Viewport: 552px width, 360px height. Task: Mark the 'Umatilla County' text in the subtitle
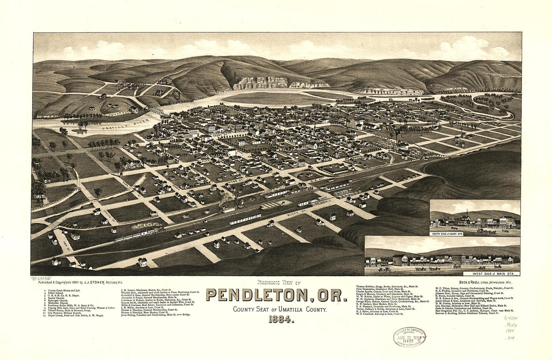tap(308, 310)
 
